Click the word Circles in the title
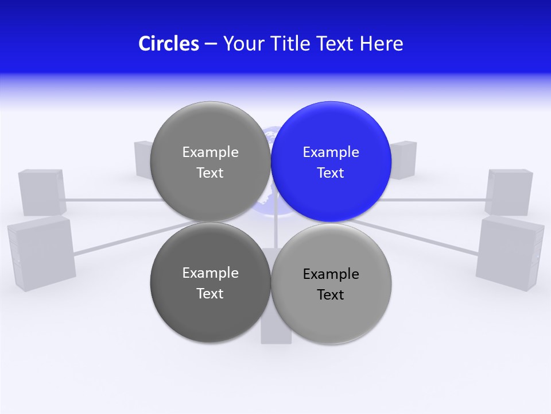point(168,43)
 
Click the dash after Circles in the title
point(211,44)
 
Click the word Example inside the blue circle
point(331,152)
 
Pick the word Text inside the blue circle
point(331,172)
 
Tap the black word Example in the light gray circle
point(331,274)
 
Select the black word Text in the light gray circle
point(331,294)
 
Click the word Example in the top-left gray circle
point(210,152)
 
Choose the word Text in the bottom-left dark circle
point(210,293)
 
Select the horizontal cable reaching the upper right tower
point(436,200)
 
